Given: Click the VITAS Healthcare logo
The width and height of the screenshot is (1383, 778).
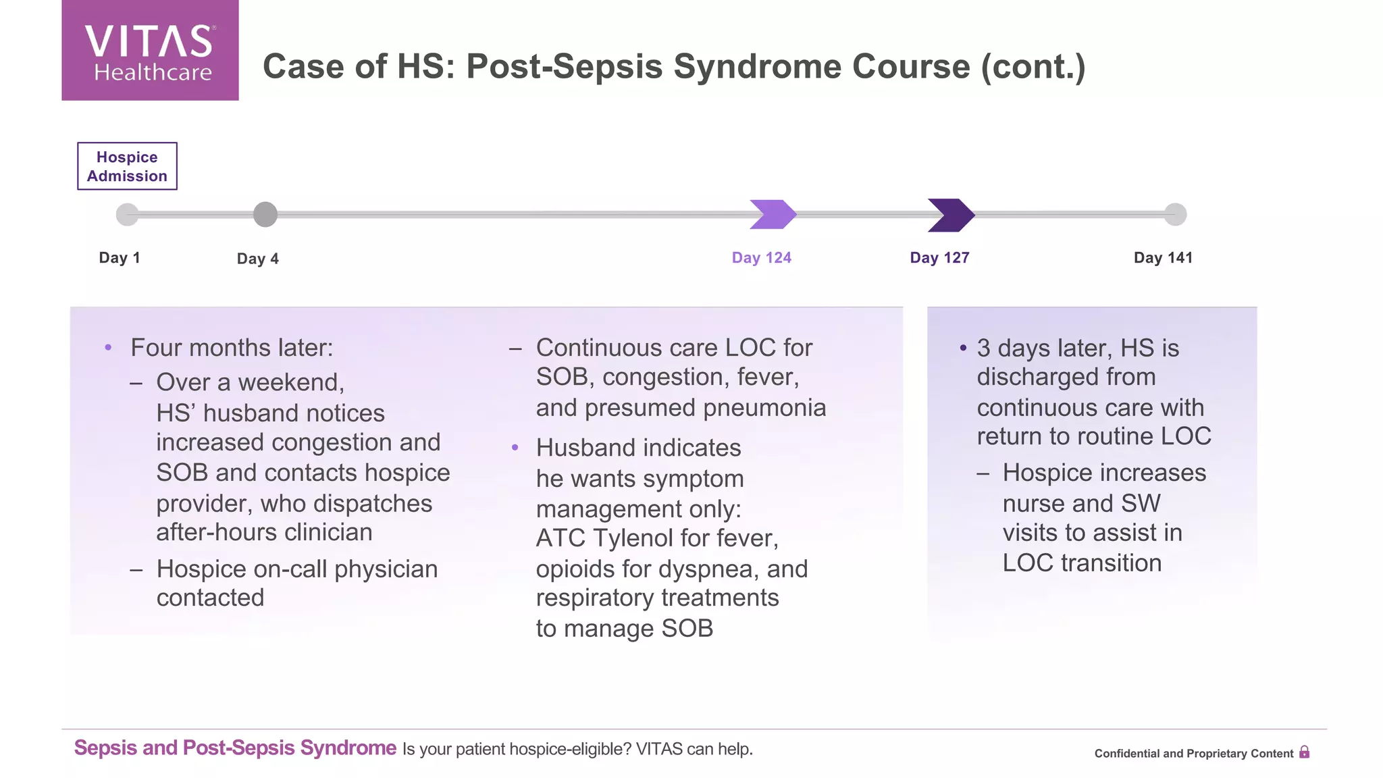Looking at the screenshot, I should click(150, 51).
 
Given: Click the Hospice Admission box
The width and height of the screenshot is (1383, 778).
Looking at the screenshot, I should click(127, 166).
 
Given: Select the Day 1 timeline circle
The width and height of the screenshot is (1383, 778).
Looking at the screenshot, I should click(127, 215).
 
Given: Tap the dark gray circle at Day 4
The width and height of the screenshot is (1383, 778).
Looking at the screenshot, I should click(265, 215).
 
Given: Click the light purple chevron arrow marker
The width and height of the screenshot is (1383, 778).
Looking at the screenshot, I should click(773, 215).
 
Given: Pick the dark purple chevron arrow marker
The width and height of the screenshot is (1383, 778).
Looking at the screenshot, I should click(951, 215).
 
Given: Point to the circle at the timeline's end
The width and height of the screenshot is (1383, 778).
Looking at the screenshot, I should click(1175, 215).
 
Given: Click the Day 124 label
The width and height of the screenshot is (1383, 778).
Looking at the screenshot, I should click(761, 258).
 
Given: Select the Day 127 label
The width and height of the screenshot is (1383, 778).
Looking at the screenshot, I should click(939, 258).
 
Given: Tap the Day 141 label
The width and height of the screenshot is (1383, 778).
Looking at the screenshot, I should click(1163, 258).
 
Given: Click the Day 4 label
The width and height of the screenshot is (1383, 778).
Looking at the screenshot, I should click(257, 259).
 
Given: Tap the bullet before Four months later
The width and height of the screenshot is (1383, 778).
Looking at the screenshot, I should click(108, 348).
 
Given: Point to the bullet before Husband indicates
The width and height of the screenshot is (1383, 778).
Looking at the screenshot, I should click(515, 448).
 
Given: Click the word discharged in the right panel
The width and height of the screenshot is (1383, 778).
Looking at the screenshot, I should click(1066, 378).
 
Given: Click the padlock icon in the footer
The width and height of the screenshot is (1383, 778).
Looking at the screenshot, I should click(1304, 752).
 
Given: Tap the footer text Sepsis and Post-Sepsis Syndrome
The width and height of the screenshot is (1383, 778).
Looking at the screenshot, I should click(235, 748).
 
